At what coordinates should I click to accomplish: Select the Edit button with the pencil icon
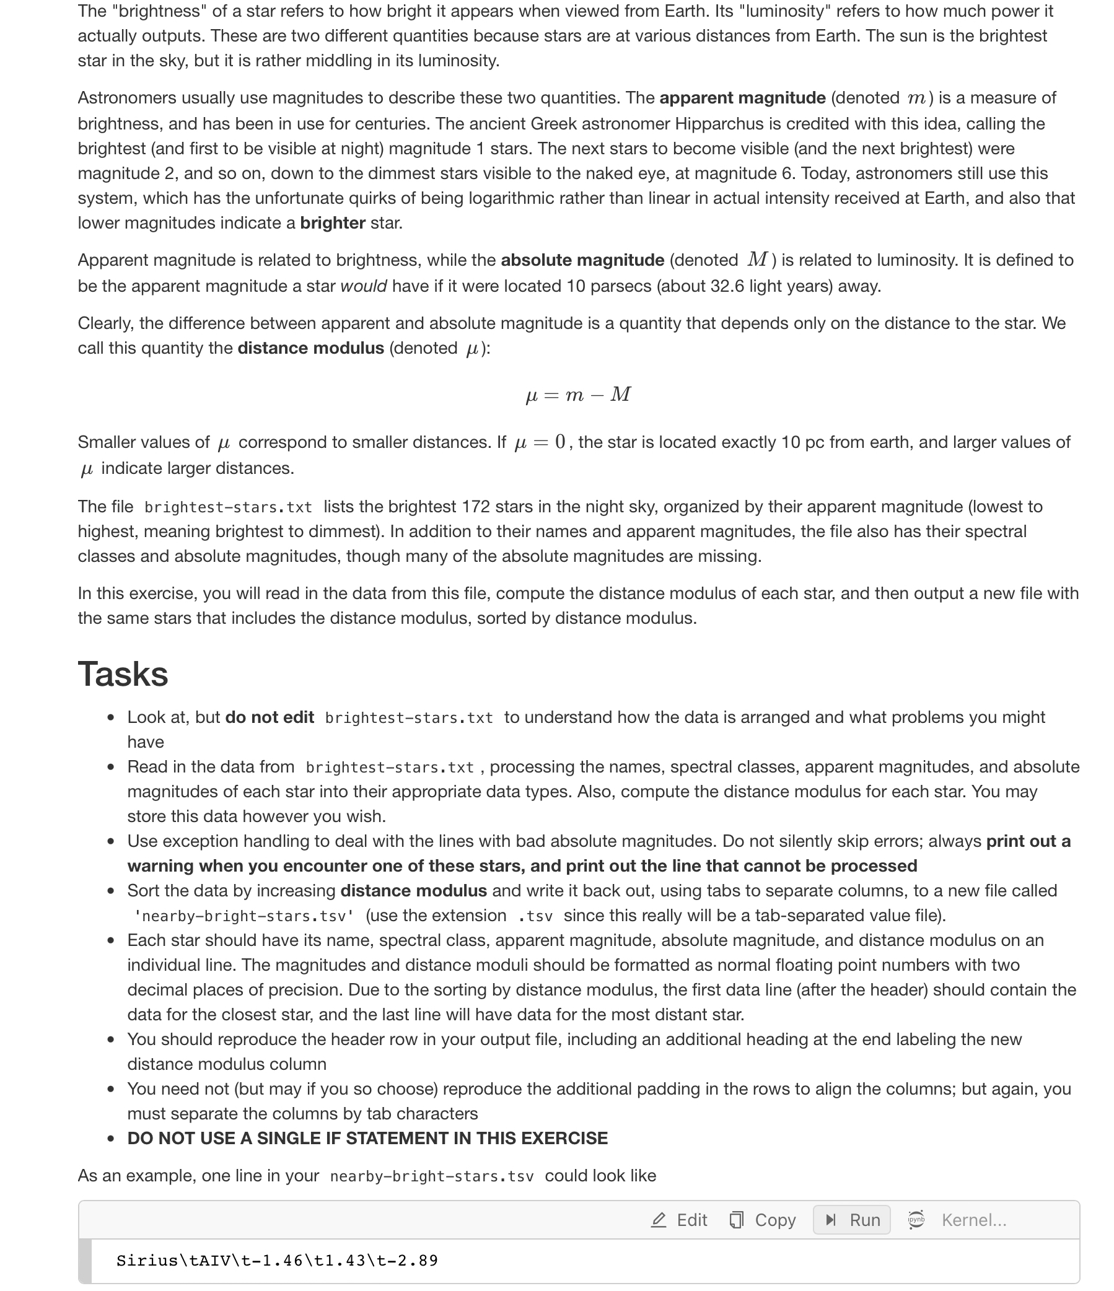pos(678,1219)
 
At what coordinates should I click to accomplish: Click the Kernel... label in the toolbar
pos(973,1219)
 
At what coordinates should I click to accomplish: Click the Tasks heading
pos(123,674)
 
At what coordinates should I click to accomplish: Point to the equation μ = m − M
pos(578,395)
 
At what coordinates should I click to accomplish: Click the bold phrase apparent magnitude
pos(742,98)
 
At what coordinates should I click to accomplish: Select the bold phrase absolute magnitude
pos(582,260)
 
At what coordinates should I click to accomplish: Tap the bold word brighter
pos(332,223)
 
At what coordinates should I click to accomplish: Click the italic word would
pos(363,286)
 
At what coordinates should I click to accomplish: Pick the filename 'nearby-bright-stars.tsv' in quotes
pos(244,916)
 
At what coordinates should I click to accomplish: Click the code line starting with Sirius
pos(276,1261)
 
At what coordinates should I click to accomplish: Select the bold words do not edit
pos(269,717)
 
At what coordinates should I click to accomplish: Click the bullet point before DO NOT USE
pos(110,1139)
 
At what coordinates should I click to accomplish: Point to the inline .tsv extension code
pos(535,916)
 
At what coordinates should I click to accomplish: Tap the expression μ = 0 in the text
pos(540,442)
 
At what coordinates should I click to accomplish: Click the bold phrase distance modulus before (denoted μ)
pos(310,348)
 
